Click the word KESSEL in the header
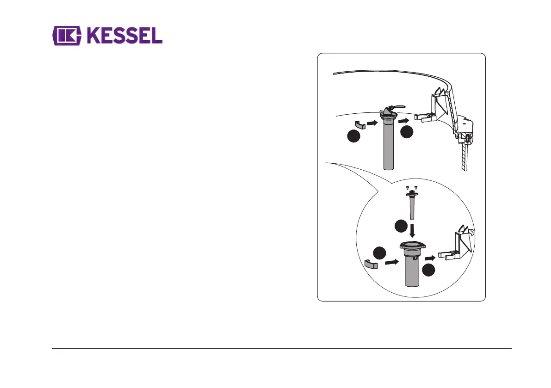click(124, 36)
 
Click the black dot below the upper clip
click(353, 137)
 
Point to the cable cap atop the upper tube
click(388, 112)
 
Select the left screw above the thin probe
click(407, 188)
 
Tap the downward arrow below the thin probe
click(411, 230)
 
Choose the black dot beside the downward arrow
click(400, 227)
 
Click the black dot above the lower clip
click(379, 253)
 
